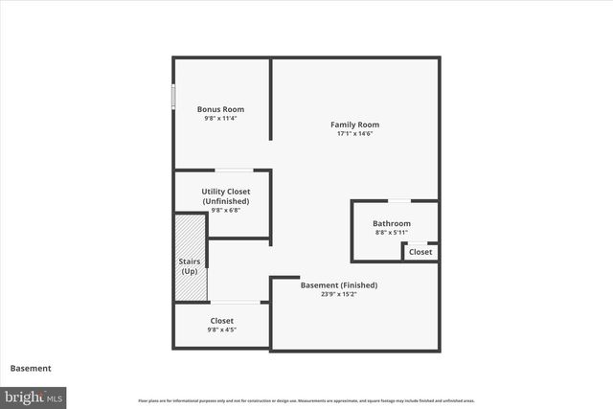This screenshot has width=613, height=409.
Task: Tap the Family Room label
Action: coord(354,125)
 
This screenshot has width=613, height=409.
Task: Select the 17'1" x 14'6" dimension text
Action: coord(354,134)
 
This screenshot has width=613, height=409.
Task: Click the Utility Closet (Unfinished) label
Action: coord(225,196)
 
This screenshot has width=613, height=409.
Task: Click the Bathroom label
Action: coord(391,223)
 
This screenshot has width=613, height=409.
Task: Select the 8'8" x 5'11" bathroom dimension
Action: coord(391,233)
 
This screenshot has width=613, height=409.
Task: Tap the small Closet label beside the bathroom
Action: coord(420,252)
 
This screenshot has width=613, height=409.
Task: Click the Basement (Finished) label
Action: coord(339,284)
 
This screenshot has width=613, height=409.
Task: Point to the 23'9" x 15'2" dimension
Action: coord(339,294)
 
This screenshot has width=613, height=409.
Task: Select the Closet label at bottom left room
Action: coord(221,321)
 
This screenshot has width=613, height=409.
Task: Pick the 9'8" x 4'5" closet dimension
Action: coord(221,329)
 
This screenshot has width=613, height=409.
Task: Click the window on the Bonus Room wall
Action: coord(173,98)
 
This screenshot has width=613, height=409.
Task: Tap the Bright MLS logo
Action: coord(34,396)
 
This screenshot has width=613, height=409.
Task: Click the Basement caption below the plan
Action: coord(31,368)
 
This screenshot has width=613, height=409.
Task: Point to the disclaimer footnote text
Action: coord(306,400)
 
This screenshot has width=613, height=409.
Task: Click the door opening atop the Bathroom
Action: coord(399,201)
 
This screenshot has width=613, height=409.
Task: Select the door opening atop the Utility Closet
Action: coord(234,170)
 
